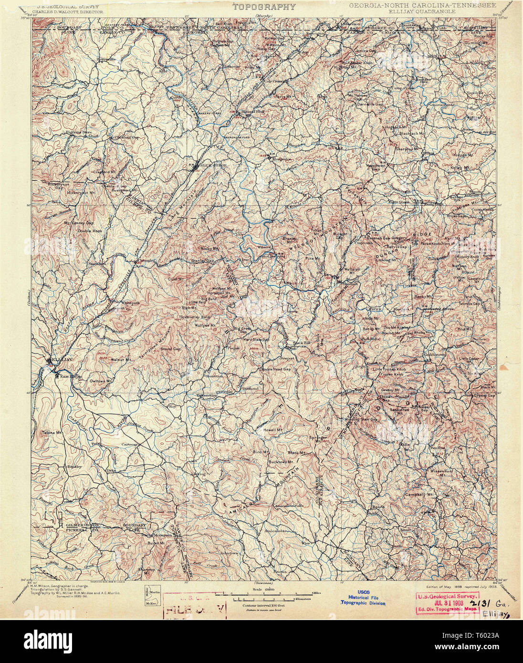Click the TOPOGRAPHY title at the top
point(264,7)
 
